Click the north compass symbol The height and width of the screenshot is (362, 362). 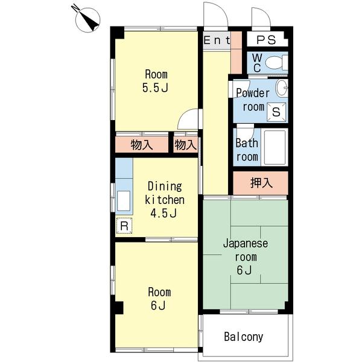click(87, 20)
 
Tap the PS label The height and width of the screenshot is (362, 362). click(266, 40)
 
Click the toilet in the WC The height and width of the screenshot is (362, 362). click(276, 62)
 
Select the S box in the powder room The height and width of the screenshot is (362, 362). click(276, 112)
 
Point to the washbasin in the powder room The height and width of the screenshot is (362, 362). click(282, 87)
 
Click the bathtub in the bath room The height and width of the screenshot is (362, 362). click(275, 147)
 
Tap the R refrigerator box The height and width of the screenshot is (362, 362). click(124, 226)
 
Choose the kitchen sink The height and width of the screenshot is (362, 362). click(124, 201)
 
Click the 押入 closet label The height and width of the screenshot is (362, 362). click(262, 183)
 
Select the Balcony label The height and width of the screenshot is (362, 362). click(244, 337)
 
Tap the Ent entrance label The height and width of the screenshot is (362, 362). click(217, 40)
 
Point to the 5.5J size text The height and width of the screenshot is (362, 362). click(155, 87)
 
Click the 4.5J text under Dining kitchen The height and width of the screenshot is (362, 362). click(164, 213)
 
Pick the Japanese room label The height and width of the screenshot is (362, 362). click(246, 250)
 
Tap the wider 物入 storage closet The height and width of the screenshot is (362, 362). click(142, 145)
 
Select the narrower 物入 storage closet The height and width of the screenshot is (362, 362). click(186, 145)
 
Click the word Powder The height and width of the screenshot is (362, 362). click(253, 94)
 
